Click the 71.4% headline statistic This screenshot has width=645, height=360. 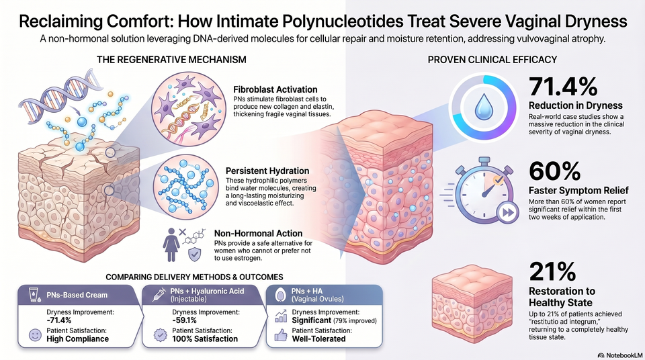[x=563, y=87]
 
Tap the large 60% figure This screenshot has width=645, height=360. [x=554, y=171]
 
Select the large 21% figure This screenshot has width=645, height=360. [x=552, y=271]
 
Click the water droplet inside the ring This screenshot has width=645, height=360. [x=483, y=107]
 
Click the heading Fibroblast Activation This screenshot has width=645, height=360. [x=275, y=89]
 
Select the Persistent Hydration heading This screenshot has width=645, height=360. [x=267, y=171]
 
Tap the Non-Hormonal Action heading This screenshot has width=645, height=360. [x=258, y=233]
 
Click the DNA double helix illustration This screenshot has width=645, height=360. [x=62, y=97]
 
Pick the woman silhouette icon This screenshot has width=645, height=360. [x=171, y=245]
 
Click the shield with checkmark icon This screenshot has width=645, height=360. [x=195, y=255]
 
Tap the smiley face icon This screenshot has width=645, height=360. [x=36, y=335]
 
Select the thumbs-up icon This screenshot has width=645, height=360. [x=281, y=335]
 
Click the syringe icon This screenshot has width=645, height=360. [x=159, y=296]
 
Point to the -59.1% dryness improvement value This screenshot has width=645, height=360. [x=184, y=320]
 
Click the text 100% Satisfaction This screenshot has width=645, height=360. [x=205, y=339]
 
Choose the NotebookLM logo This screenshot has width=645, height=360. [x=620, y=355]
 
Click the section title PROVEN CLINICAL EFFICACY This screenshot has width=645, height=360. [x=492, y=60]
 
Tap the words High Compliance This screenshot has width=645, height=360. [x=78, y=339]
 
